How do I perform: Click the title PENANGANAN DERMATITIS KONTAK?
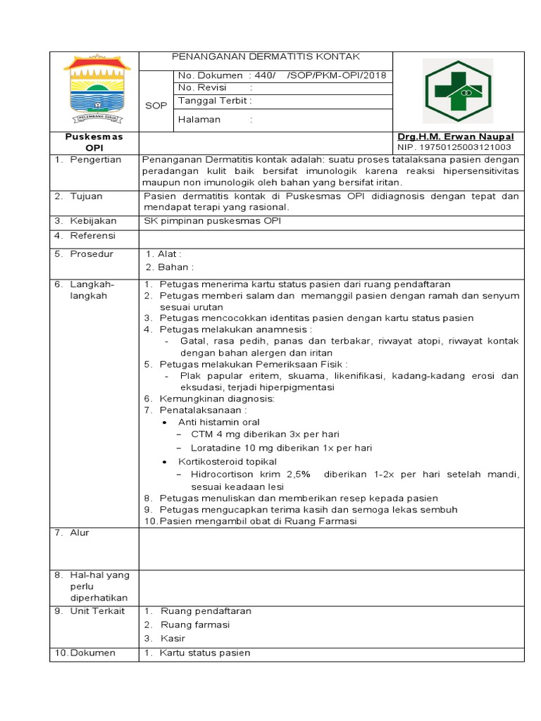[x=266, y=56]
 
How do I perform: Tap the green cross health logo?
[x=457, y=91]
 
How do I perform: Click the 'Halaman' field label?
[x=199, y=120]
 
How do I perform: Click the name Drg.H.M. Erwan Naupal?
[x=456, y=137]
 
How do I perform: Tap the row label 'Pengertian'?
[x=95, y=160]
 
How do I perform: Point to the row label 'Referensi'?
[x=92, y=236]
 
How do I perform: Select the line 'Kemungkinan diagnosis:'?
[x=217, y=399]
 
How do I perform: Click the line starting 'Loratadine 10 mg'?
[x=281, y=448]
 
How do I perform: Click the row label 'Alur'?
[x=80, y=533]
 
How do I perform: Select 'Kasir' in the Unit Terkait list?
[x=173, y=639]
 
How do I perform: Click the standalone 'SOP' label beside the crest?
[x=156, y=106]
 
